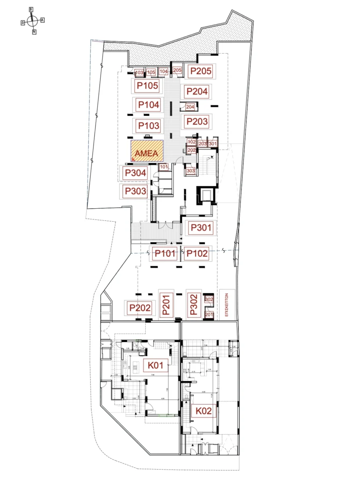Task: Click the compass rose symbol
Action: (x=32, y=21)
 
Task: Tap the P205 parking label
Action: (x=200, y=71)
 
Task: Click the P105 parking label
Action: (x=148, y=85)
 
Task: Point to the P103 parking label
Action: (x=148, y=126)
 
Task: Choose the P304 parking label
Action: (x=135, y=173)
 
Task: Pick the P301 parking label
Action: (x=200, y=228)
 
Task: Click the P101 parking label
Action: (x=165, y=254)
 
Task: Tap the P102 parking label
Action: (x=197, y=254)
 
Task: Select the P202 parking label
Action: (x=140, y=308)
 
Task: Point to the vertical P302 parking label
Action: (x=194, y=304)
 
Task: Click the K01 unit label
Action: (x=155, y=365)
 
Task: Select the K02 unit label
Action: (x=204, y=411)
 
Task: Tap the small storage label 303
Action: (x=191, y=171)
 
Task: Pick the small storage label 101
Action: (x=163, y=167)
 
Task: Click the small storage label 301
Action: (x=212, y=143)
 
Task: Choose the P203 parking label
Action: (x=197, y=122)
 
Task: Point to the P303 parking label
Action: (x=135, y=191)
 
